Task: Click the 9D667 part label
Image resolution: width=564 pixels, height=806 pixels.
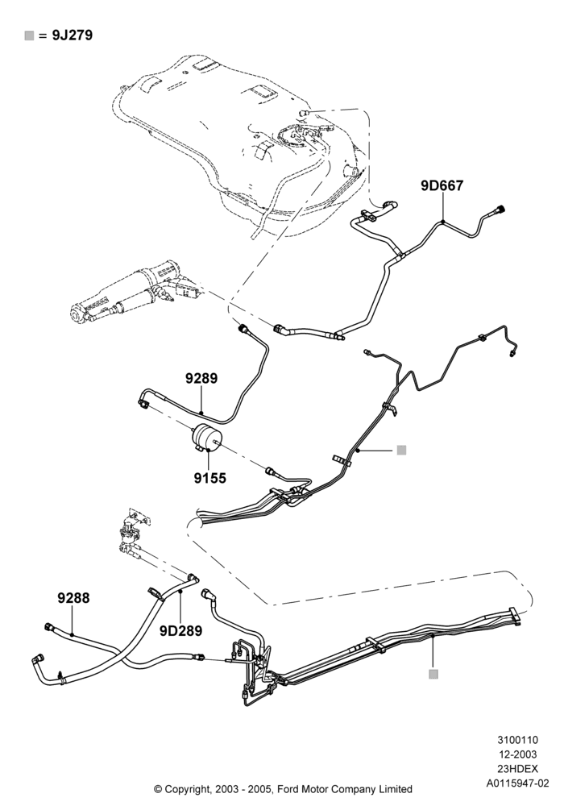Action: click(x=442, y=185)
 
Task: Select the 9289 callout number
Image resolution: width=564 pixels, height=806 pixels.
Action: click(x=201, y=378)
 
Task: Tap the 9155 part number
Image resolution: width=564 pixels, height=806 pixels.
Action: click(x=209, y=478)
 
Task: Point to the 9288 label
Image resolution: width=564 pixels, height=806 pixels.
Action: click(x=73, y=598)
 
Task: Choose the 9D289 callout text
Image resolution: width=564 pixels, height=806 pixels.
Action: click(x=180, y=631)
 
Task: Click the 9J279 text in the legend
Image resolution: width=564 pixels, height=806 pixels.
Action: click(x=72, y=35)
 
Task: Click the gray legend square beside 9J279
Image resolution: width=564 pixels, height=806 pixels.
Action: click(x=29, y=35)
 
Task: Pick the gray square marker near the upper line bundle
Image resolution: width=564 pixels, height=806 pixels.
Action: click(x=402, y=451)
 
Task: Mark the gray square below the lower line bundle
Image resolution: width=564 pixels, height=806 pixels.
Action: click(x=433, y=674)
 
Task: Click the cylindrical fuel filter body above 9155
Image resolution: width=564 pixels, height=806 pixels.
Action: click(x=205, y=437)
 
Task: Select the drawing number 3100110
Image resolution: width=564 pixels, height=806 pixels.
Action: click(x=517, y=740)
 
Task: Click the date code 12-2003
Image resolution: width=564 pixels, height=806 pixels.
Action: click(x=517, y=754)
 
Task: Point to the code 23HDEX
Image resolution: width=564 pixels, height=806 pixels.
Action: click(x=517, y=769)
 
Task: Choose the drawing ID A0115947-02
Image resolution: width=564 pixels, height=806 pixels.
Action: click(x=518, y=783)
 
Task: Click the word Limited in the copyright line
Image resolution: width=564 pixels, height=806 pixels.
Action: click(x=396, y=789)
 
